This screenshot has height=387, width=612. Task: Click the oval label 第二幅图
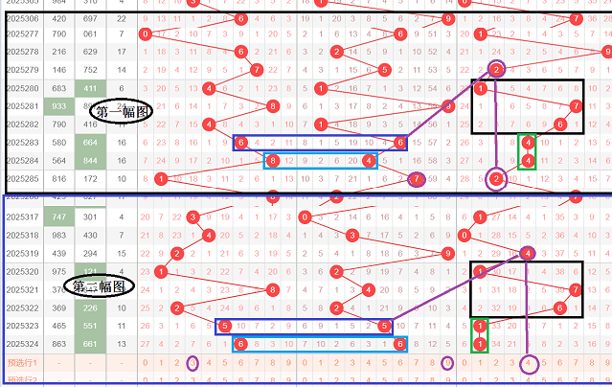(100, 285)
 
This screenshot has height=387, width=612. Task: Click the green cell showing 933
(58, 106)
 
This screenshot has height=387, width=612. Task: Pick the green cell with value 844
(90, 160)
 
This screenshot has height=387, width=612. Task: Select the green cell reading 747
(58, 217)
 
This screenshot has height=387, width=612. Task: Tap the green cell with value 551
(90, 327)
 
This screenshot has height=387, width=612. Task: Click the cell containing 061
(90, 35)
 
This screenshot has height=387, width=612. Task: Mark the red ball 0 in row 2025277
(145, 35)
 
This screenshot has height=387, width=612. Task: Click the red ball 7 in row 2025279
(257, 70)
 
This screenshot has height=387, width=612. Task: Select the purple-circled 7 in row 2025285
(415, 178)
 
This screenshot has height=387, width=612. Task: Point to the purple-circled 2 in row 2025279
(496, 69)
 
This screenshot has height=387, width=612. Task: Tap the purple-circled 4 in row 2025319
(528, 254)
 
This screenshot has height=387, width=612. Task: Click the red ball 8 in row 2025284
(273, 160)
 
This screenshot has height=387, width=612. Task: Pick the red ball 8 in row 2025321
(273, 289)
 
